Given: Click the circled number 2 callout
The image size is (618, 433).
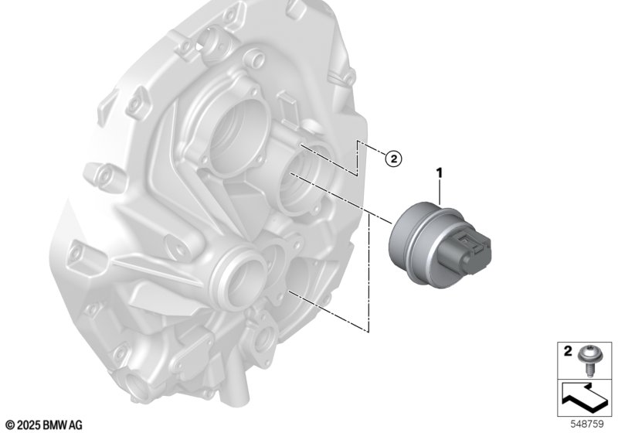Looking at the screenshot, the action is click(393, 159).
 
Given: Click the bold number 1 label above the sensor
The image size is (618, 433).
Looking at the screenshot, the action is click(439, 172).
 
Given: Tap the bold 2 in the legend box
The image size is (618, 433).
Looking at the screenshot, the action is click(568, 351).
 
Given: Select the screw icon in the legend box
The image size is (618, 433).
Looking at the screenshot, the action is click(587, 361).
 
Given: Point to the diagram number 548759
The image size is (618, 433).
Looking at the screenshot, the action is click(587, 424).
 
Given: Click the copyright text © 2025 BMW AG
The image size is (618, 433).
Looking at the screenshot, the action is click(45, 425).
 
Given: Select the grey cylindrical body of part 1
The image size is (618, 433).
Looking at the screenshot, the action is click(418, 244).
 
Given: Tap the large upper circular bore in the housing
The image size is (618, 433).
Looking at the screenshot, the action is click(239, 139).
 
